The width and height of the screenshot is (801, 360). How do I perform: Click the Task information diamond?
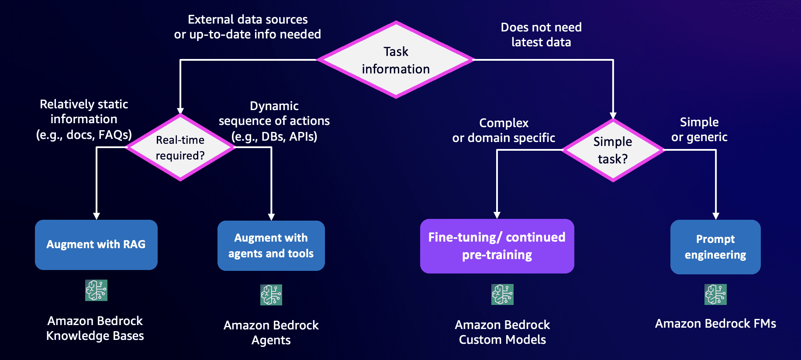coord(396,60)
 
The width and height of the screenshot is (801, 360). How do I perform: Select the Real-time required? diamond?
coord(180,148)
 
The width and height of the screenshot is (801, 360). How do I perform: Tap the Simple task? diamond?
coord(613,150)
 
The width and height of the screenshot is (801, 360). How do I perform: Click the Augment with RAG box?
coord(96,245)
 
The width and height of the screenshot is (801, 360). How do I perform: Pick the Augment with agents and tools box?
coord(271,246)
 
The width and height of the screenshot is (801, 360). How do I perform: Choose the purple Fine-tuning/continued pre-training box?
coord(497,246)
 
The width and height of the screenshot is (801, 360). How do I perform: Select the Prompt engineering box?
coord(715,247)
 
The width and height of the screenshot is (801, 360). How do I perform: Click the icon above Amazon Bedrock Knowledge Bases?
coord(96,291)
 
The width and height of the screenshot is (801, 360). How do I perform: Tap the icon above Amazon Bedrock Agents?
coord(271,295)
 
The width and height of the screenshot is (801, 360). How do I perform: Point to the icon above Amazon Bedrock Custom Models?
coord(502,294)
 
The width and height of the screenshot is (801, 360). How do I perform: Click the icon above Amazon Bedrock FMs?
coord(715,294)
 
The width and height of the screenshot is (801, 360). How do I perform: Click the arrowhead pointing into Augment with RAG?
coord(97,216)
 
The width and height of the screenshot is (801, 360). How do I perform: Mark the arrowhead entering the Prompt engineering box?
coord(716,216)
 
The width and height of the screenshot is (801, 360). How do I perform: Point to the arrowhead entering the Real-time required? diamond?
coord(180,111)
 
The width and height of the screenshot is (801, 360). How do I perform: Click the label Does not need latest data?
coord(541,35)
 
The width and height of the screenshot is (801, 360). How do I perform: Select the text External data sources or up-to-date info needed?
coord(248,27)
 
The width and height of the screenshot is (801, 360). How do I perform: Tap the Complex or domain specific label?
coord(504,131)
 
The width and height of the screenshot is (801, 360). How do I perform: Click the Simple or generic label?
coord(699,130)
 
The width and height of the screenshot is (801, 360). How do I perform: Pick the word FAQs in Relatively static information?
coord(114,135)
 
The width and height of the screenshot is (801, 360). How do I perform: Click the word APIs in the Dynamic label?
coord(303,137)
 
